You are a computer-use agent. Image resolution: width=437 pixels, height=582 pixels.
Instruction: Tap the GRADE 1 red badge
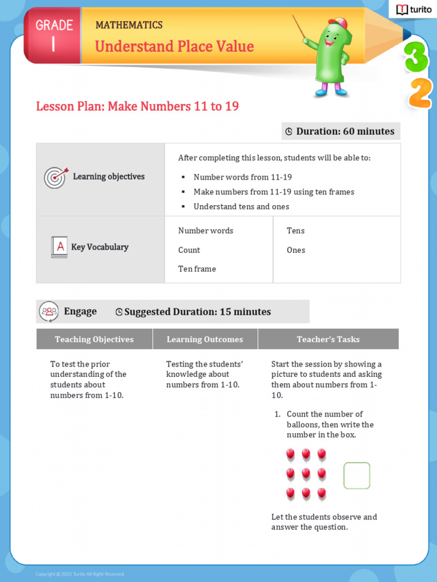[x=53, y=35]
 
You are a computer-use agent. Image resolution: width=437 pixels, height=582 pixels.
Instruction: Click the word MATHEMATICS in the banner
[x=129, y=25]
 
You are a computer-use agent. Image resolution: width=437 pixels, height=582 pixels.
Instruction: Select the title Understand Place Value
[x=174, y=47]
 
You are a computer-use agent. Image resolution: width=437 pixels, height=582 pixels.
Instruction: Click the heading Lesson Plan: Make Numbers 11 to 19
[x=137, y=106]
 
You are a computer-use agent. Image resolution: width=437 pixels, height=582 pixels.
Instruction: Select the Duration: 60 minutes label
[x=340, y=131]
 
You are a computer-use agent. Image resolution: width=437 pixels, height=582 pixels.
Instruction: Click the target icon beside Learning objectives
[x=56, y=177]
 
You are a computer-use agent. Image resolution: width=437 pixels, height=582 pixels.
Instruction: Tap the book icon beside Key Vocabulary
[x=59, y=247]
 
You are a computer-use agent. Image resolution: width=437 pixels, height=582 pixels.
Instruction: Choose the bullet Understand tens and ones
[x=241, y=207]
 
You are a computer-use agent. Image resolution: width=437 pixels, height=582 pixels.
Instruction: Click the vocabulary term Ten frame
[x=197, y=269]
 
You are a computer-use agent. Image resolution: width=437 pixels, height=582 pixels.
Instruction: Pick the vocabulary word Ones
[x=296, y=250]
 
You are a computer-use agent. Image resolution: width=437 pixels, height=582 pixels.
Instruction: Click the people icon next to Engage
[x=49, y=311]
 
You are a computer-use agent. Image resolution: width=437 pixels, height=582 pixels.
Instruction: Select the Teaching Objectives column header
[x=94, y=339]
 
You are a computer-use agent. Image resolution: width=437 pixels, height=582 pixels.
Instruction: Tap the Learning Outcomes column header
[x=205, y=339]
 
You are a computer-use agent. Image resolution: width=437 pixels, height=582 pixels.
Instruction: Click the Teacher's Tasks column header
[x=328, y=339]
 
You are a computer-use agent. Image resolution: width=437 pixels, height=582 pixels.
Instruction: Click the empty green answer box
[x=357, y=476]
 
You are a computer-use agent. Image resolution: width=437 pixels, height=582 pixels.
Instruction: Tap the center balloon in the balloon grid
[x=306, y=474]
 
